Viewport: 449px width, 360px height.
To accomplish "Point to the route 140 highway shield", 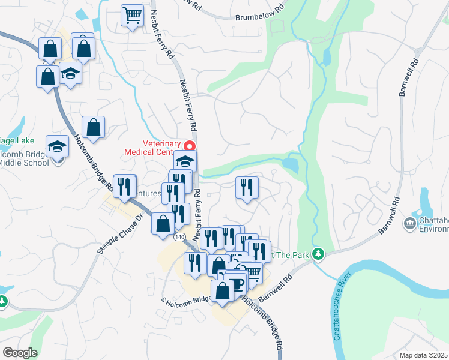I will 179,237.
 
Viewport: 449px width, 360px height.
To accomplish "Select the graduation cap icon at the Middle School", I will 58,146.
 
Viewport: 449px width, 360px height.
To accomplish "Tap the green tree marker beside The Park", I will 319,254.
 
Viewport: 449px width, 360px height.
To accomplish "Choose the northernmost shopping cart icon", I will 132,14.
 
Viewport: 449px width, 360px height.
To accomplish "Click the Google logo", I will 19,353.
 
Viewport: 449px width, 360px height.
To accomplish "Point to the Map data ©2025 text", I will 423,355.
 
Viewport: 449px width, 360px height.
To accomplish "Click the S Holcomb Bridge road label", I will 187,299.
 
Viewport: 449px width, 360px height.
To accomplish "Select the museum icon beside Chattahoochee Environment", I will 409,223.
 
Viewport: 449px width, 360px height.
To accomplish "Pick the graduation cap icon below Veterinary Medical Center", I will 185,160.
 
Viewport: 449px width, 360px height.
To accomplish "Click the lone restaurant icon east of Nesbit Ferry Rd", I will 246,187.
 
